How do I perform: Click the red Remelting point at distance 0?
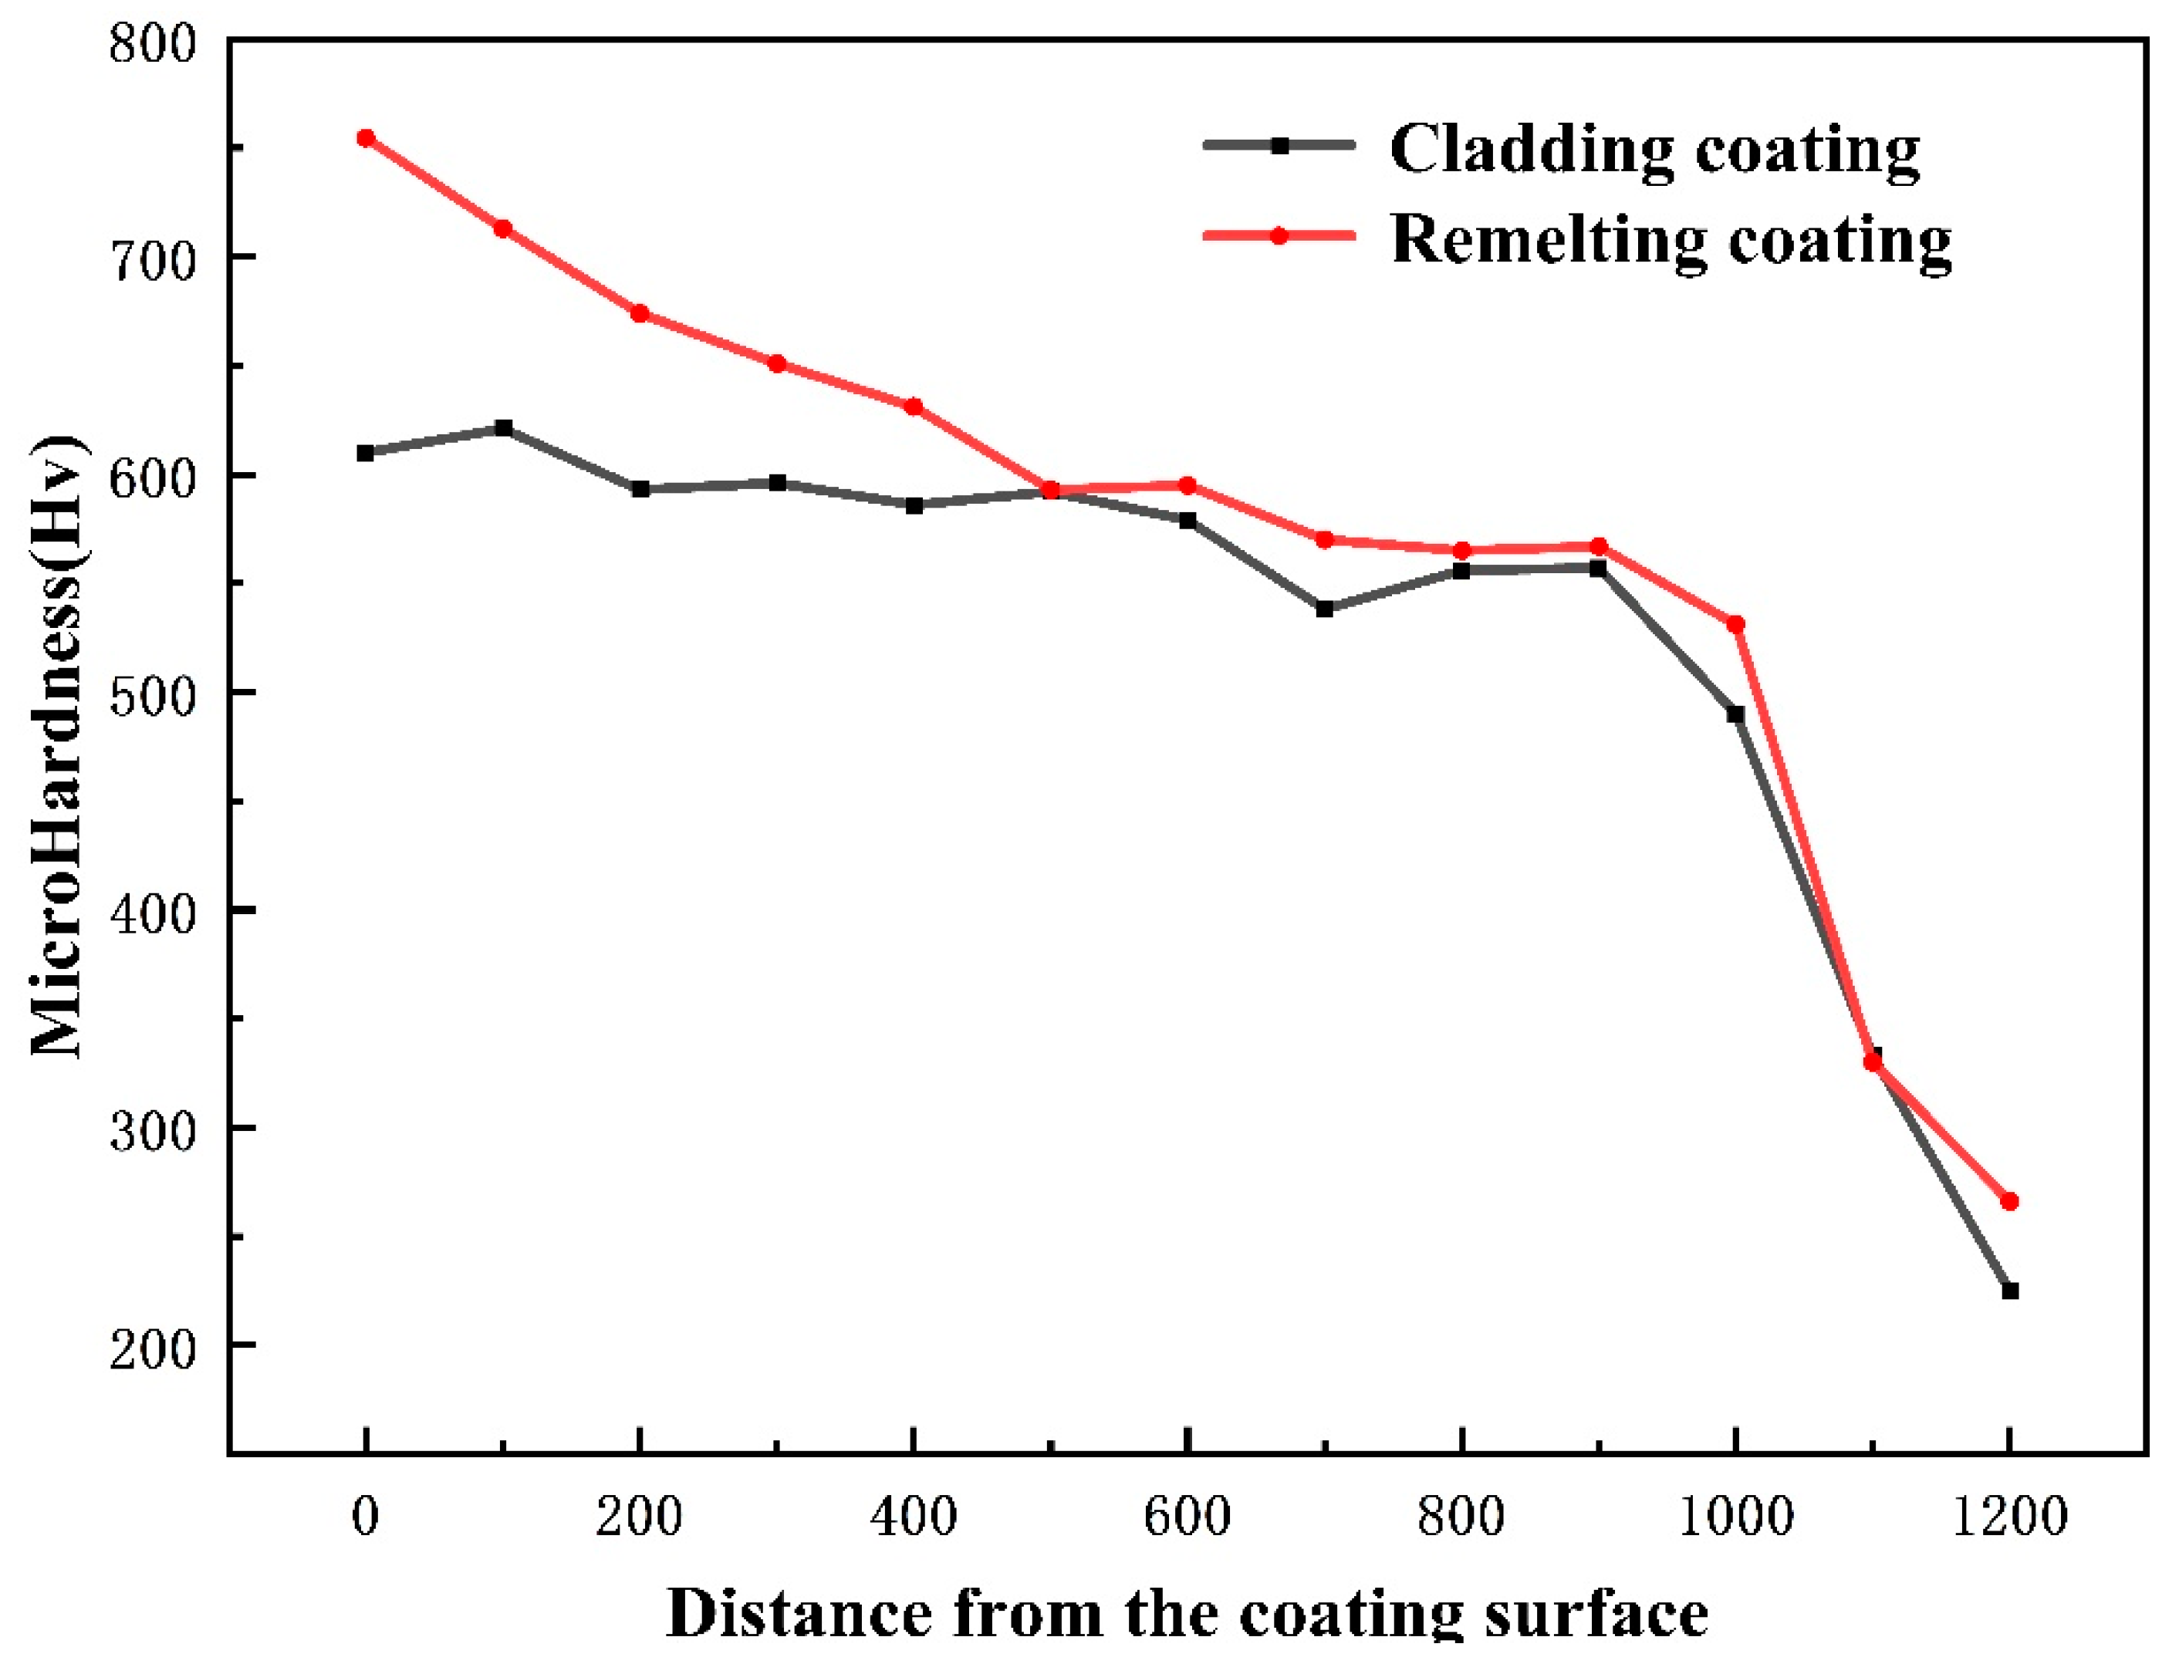click(366, 137)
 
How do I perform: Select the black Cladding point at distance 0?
click(366, 453)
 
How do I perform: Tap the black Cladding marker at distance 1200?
click(2009, 1291)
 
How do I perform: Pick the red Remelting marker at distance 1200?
click(2009, 1201)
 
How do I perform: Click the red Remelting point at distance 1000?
click(1735, 624)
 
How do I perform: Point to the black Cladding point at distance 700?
click(1324, 609)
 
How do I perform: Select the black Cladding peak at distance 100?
click(503, 428)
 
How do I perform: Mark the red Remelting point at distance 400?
click(914, 406)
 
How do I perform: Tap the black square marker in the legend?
click(1279, 144)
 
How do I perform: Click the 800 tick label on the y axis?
click(153, 45)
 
